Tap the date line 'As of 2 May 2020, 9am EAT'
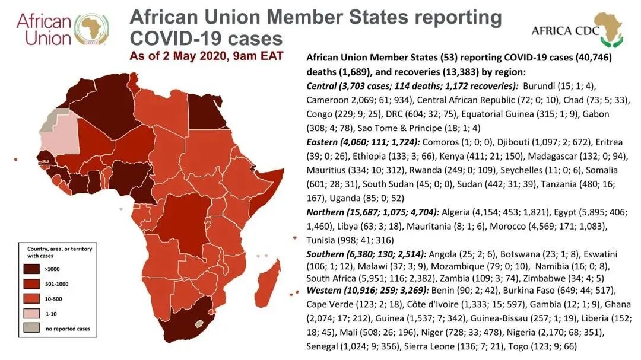(207, 56)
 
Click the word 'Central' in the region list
(323, 86)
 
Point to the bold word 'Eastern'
(324, 143)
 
